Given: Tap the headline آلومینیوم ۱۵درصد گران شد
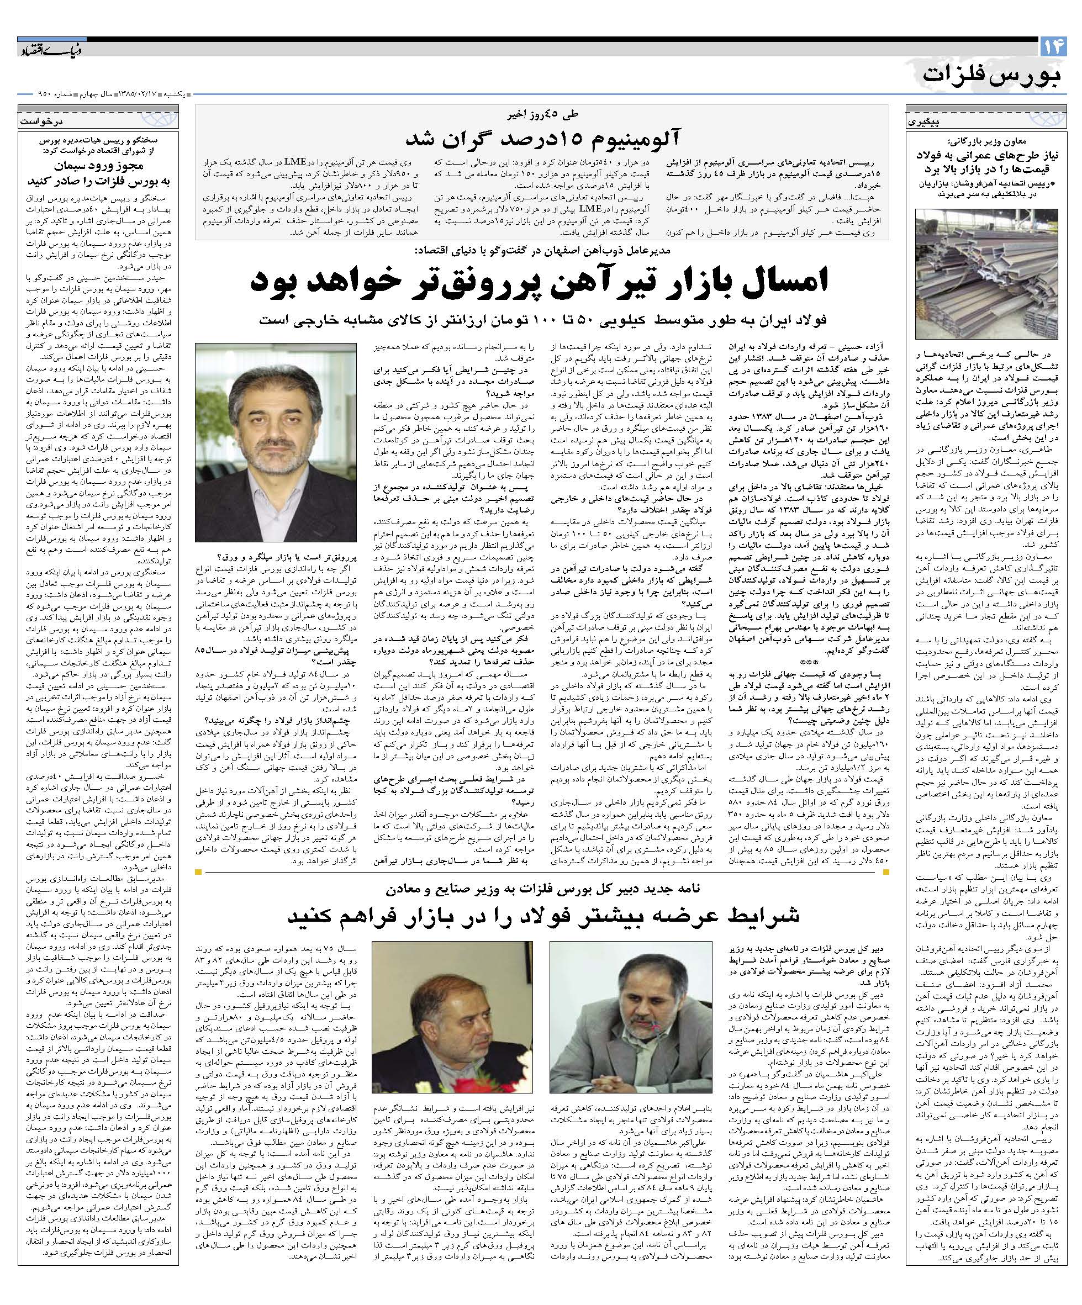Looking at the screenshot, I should pos(541,138).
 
